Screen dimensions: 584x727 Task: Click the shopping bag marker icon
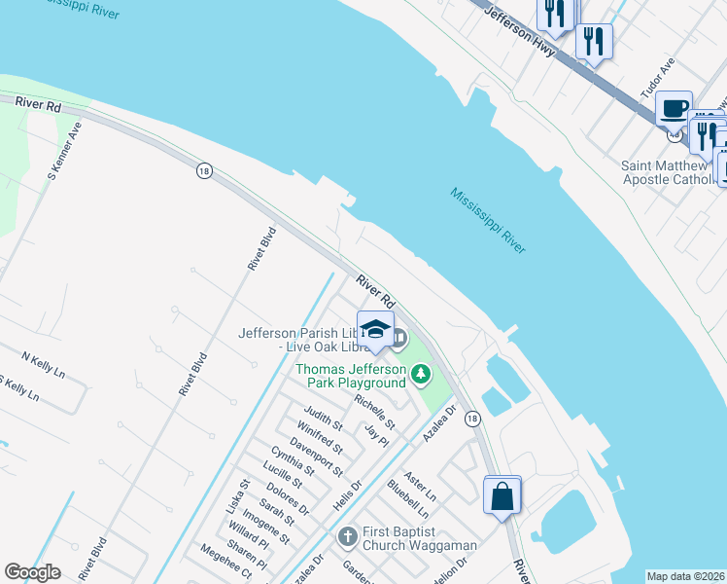502,495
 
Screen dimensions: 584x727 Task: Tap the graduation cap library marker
376,329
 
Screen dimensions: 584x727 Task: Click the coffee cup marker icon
674,109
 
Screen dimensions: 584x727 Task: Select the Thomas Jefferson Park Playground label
350,376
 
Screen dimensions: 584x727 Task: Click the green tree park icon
421,373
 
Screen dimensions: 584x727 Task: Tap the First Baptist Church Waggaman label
419,538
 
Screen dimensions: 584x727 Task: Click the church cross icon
348,536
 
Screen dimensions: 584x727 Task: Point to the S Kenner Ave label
65,151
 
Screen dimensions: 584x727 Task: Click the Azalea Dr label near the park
439,425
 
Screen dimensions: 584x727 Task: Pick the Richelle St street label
374,412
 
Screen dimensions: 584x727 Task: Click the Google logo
32,572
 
